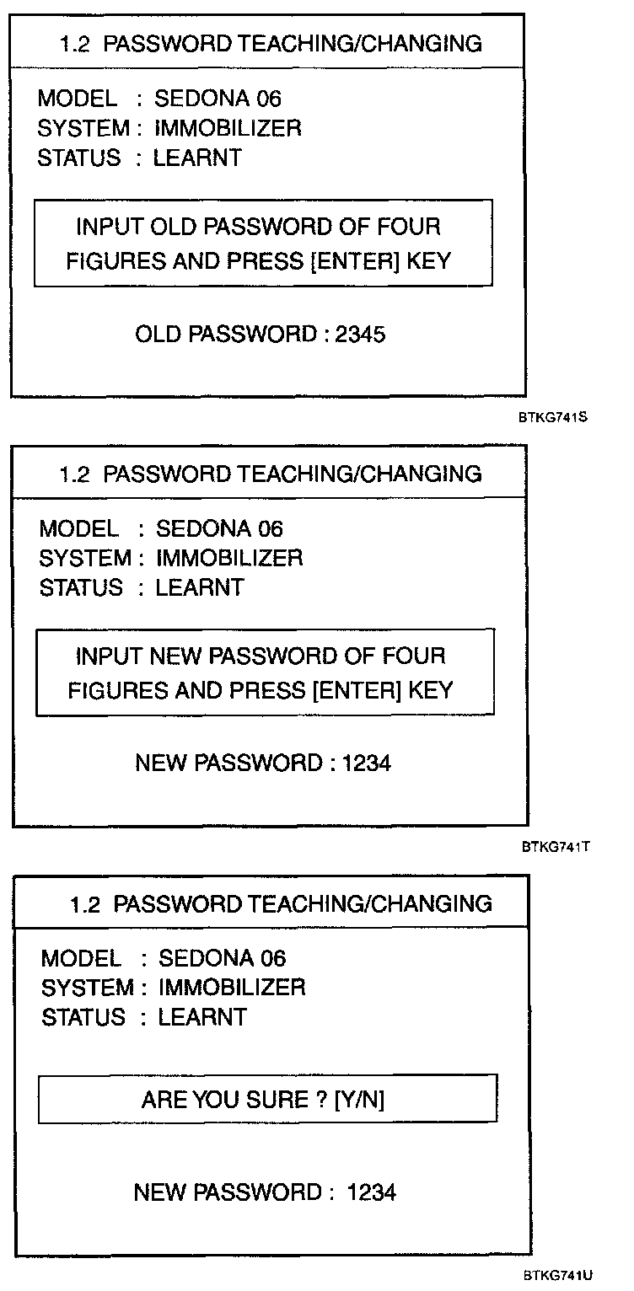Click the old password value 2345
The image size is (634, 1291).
360,335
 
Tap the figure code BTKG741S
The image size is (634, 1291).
553,416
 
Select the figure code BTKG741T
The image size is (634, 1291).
555,846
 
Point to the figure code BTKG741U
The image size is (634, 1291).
557,1275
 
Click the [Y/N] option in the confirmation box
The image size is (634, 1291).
359,1100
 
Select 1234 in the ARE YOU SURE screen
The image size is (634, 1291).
371,1192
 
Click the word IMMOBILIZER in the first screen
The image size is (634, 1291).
227,128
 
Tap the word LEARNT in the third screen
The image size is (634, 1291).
202,1017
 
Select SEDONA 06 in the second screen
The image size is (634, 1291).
219,529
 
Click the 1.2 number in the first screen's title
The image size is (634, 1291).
73,45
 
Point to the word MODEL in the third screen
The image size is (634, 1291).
81,958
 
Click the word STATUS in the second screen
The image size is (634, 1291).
81,587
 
